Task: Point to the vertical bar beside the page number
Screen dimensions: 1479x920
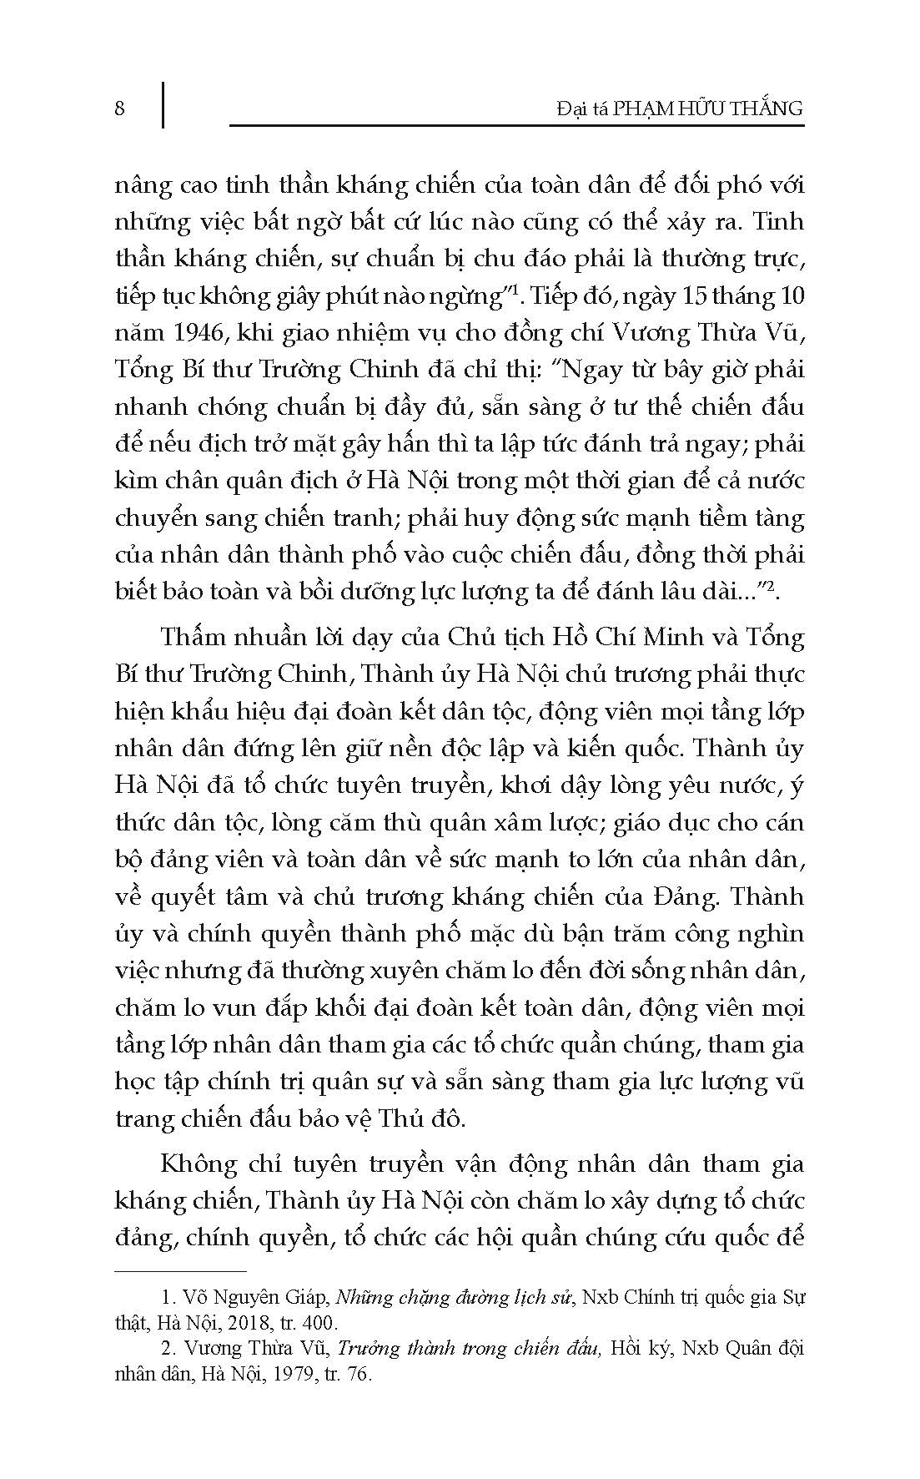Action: pyautogui.click(x=162, y=104)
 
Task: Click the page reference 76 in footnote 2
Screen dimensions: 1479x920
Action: pyautogui.click(x=356, y=1375)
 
